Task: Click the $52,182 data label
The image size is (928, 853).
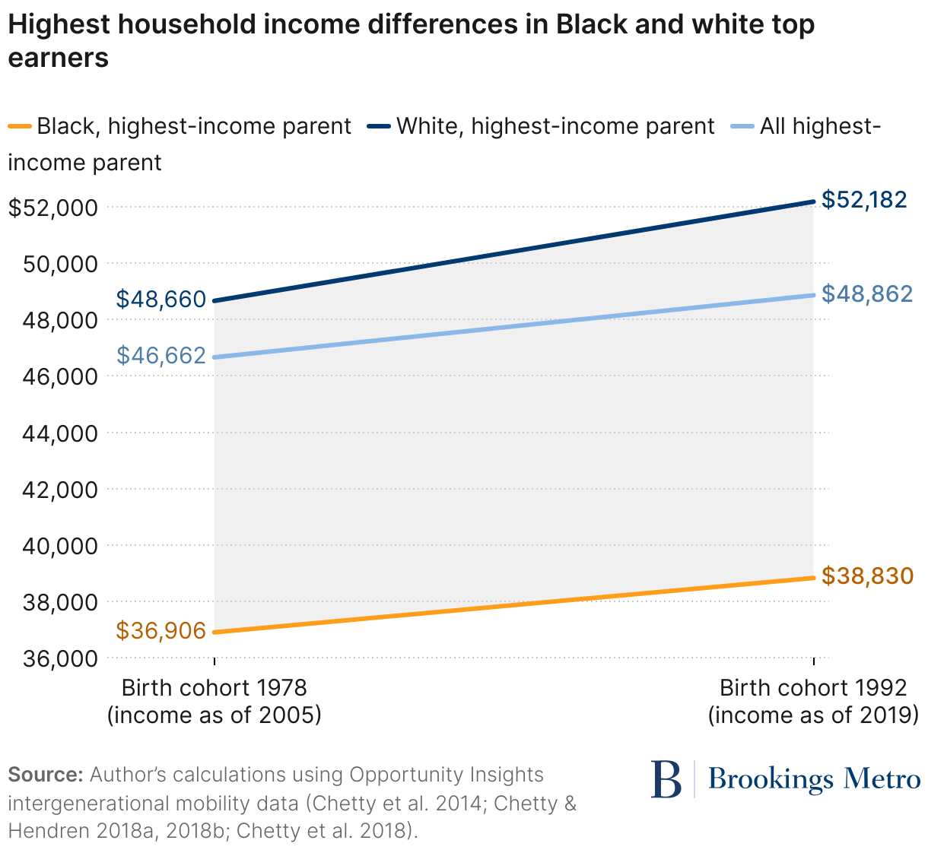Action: (x=864, y=200)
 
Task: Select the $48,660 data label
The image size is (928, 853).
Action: (x=161, y=300)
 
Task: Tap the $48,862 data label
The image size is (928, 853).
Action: (x=867, y=293)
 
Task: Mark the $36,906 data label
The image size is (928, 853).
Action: (x=161, y=630)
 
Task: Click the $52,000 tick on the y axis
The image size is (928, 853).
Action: (x=52, y=208)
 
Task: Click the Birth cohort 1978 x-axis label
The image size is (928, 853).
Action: (x=214, y=688)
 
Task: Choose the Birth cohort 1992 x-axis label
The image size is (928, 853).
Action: (x=813, y=688)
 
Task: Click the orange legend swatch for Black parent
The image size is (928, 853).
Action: (x=20, y=126)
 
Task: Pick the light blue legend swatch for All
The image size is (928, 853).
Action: (x=742, y=126)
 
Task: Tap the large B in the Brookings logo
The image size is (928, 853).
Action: (x=666, y=779)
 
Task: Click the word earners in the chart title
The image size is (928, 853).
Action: (x=58, y=58)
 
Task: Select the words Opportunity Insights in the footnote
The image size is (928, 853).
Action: (x=446, y=775)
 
